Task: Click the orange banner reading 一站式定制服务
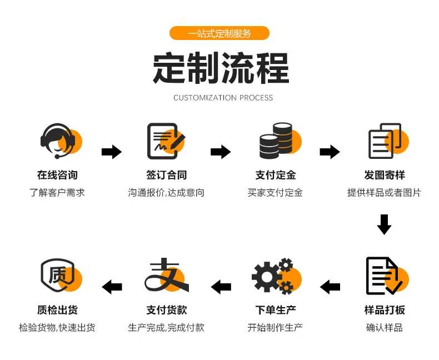pyautogui.click(x=219, y=33)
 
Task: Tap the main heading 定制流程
pyautogui.click(x=221, y=68)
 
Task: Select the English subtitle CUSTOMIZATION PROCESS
pyautogui.click(x=223, y=98)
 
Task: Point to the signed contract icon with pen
pyautogui.click(x=166, y=141)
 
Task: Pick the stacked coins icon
pyautogui.click(x=280, y=141)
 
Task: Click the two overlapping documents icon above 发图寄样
pyautogui.click(x=388, y=141)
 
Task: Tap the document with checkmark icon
pyautogui.click(x=387, y=276)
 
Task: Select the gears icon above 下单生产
pyautogui.click(x=276, y=276)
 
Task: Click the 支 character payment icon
pyautogui.click(x=167, y=275)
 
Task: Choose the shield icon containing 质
pyautogui.click(x=61, y=276)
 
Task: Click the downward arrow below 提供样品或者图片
pyautogui.click(x=384, y=224)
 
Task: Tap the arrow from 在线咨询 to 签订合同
pyautogui.click(x=112, y=152)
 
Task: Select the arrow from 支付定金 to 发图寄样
pyautogui.click(x=330, y=152)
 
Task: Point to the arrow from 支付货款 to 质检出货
pyautogui.click(x=112, y=287)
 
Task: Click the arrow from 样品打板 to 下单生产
pyautogui.click(x=330, y=287)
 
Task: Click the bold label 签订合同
pyautogui.click(x=166, y=175)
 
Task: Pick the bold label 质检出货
pyautogui.click(x=57, y=310)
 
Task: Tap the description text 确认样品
pyautogui.click(x=384, y=328)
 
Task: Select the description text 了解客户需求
pyautogui.click(x=57, y=193)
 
